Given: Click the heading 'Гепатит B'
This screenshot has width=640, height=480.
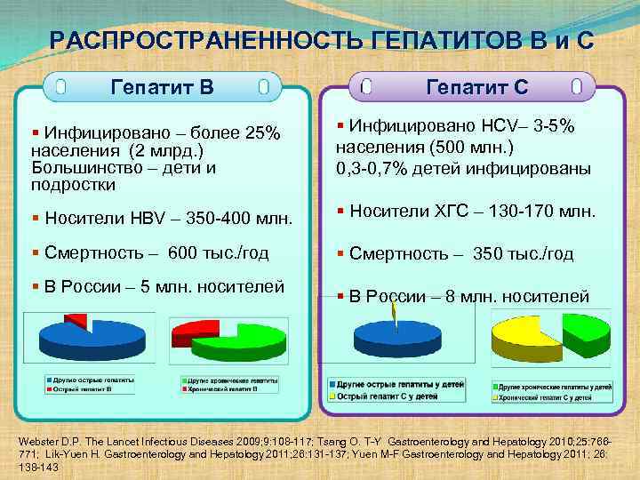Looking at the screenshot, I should [x=162, y=87].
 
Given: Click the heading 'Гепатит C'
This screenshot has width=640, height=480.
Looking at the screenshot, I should [x=477, y=87].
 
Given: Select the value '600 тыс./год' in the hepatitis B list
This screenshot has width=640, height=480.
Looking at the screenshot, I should [x=218, y=252].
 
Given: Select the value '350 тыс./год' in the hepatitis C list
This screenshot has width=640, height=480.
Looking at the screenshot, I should [x=524, y=253].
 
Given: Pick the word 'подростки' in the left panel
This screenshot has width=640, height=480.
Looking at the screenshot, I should [x=73, y=185].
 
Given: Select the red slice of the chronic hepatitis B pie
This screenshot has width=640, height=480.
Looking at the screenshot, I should [x=191, y=333].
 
